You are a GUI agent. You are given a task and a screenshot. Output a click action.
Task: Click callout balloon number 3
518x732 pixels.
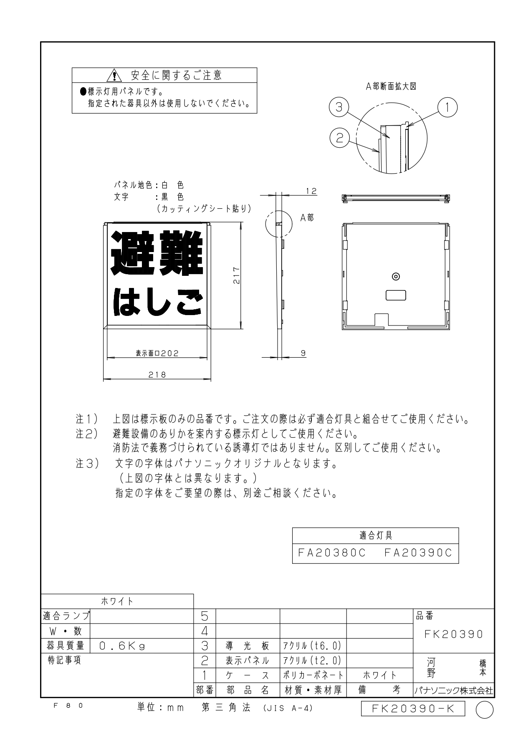(339, 107)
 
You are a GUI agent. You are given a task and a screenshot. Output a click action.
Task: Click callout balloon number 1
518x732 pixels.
(447, 107)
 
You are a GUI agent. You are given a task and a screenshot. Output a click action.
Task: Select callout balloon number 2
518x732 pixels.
(339, 138)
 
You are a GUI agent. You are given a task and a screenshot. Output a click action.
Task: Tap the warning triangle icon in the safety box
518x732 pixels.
(114, 76)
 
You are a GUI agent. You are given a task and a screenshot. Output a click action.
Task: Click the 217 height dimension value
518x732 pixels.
(236, 275)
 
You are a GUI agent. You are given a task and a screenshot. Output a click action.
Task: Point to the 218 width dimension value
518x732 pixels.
(158, 374)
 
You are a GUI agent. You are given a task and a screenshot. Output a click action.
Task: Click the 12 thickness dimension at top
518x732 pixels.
(311, 191)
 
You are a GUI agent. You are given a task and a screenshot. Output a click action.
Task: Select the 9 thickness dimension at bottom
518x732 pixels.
(303, 353)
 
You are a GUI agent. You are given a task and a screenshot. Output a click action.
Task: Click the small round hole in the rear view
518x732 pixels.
(396, 276)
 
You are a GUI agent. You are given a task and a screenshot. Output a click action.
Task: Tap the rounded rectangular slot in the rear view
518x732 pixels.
(396, 295)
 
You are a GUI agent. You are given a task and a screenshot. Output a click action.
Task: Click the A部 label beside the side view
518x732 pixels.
(307, 217)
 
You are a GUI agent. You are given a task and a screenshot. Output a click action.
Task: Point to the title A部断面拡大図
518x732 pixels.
(391, 86)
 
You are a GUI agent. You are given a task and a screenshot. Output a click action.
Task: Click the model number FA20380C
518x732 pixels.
(332, 553)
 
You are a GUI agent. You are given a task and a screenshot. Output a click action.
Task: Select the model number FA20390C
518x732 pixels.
(418, 553)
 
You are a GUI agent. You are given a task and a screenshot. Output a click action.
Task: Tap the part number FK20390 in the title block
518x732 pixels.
(454, 634)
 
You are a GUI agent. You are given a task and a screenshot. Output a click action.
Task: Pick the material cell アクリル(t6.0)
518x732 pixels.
(313, 646)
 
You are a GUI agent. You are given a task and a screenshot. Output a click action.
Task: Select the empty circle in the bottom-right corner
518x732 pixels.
(485, 710)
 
